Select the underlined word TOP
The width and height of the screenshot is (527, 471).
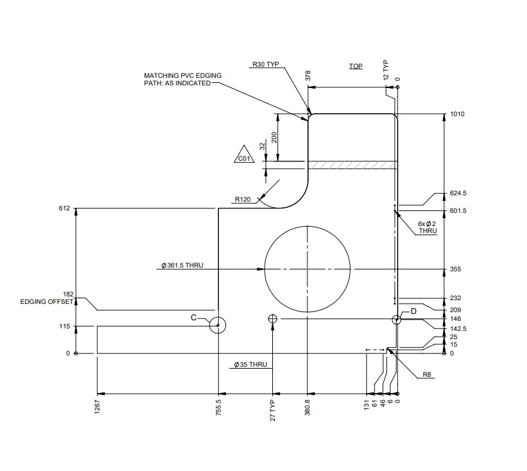point(356,66)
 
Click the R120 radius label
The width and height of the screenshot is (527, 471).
point(243,199)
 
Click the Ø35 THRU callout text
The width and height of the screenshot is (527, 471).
point(250,364)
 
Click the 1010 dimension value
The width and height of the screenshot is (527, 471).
point(457,114)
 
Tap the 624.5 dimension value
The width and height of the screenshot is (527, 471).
point(459,193)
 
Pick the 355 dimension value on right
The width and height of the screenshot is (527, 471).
point(455,269)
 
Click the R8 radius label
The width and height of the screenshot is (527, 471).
point(427,375)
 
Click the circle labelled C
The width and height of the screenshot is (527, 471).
point(218,325)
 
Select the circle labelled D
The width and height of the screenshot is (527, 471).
point(397,320)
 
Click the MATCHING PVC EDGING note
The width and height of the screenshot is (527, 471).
point(183,79)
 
